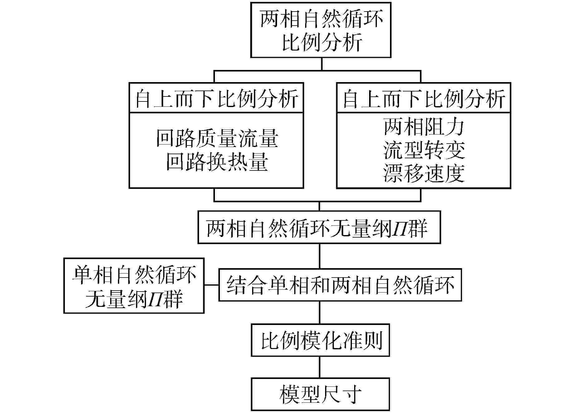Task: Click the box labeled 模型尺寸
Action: [320, 394]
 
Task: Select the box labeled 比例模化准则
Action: [320, 341]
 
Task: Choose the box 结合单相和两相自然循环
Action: [340, 285]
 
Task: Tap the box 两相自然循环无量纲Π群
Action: [319, 228]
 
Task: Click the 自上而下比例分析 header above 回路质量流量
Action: [216, 98]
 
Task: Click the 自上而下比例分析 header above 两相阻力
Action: [423, 98]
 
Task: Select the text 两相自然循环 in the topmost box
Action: [321, 19]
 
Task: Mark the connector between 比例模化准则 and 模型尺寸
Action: [320, 367]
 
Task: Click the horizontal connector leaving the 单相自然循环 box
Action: [212, 285]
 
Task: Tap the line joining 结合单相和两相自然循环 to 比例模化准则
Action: [320, 312]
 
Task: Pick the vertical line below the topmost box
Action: [322, 64]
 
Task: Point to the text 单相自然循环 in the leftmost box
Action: [134, 275]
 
